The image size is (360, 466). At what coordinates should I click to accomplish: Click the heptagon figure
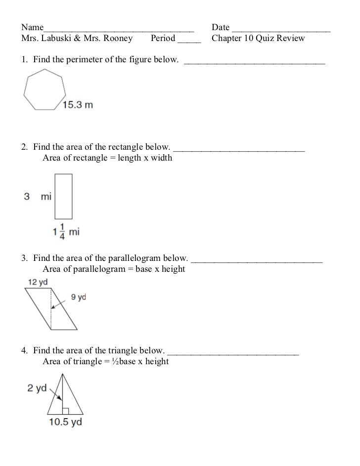tap(44, 89)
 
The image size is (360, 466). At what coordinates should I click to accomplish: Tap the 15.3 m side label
tap(77, 105)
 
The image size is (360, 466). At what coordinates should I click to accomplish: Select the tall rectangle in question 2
tap(64, 196)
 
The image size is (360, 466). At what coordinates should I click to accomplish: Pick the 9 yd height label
tap(79, 297)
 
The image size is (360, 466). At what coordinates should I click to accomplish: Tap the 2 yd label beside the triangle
tap(37, 388)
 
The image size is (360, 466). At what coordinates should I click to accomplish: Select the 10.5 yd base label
tap(65, 422)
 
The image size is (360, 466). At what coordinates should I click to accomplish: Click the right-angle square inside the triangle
tap(65, 411)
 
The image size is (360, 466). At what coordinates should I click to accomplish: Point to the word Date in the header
tap(221, 27)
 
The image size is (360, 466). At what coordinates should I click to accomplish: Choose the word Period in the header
tap(163, 38)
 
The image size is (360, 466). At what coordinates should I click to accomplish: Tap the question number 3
tap(24, 258)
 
